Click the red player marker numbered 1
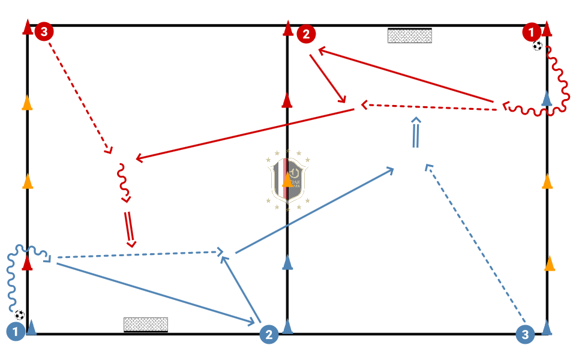pos(532,31)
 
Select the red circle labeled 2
pos(306,34)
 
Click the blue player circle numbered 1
pos(15,331)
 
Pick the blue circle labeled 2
pos(269,335)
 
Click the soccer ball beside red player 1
pos(538,46)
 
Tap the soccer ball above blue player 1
pos(20,314)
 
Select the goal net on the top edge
pos(410,35)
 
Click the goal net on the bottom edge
pos(145,325)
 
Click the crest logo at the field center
pos(288,180)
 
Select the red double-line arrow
pos(129,229)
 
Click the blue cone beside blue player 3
pos(547,327)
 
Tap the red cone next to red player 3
pos(27,28)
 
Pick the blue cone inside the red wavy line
pos(547,98)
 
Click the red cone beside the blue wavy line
pos(27,263)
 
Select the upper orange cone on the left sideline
pos(27,103)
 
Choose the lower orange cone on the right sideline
pos(550,263)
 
